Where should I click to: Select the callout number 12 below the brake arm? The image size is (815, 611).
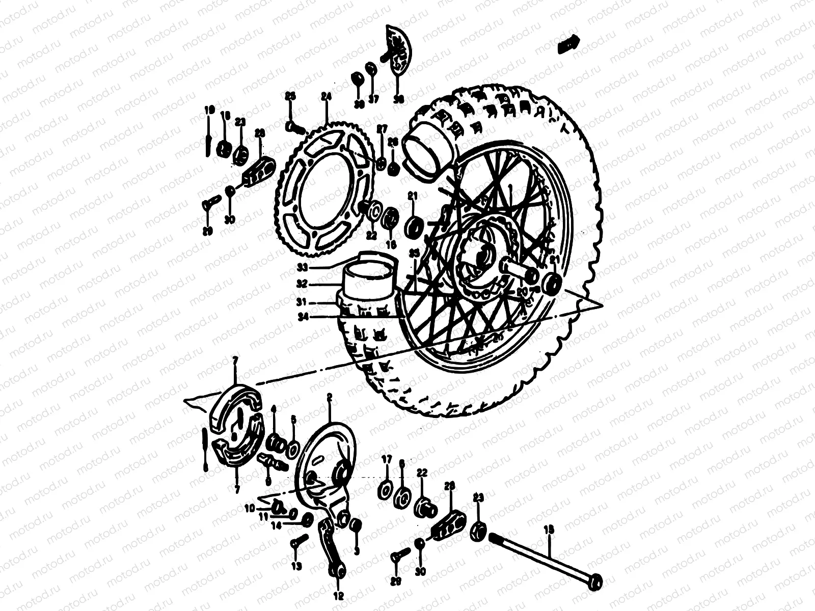tap(339, 595)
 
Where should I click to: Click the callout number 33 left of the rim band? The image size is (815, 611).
tap(303, 267)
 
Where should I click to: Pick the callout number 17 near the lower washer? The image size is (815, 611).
tap(387, 459)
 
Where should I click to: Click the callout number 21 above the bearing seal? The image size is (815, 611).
tap(412, 196)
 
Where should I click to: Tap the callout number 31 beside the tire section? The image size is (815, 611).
tap(302, 302)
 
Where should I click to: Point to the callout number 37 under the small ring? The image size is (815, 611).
tap(373, 99)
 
